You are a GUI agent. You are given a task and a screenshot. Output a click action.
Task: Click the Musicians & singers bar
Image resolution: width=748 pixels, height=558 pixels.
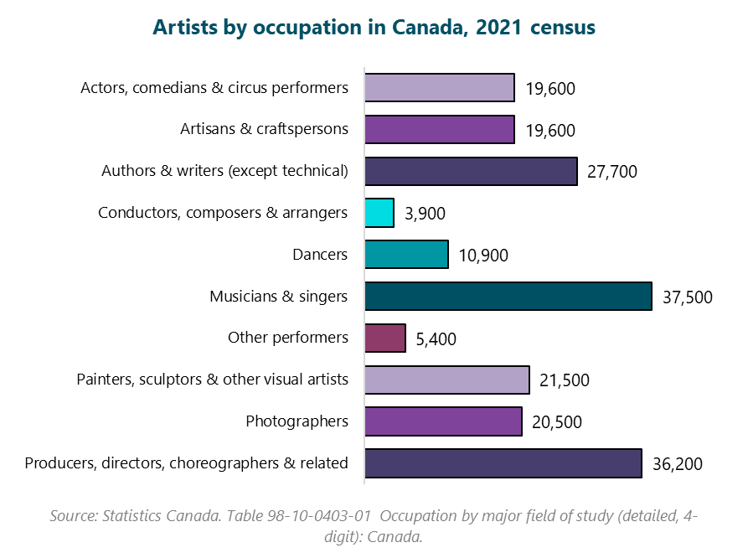pyautogui.click(x=508, y=297)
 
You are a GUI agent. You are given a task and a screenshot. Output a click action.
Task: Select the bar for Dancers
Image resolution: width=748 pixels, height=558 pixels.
pyautogui.click(x=406, y=255)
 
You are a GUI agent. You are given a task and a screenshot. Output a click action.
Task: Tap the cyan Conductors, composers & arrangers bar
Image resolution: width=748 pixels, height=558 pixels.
pyautogui.click(x=379, y=213)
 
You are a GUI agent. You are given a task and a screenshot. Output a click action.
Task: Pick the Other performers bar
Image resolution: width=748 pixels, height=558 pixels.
pyautogui.click(x=385, y=338)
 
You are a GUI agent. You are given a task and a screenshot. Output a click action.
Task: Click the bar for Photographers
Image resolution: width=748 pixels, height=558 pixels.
pyautogui.click(x=443, y=421)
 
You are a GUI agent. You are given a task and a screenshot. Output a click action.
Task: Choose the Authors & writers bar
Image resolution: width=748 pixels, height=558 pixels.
pyautogui.click(x=471, y=171)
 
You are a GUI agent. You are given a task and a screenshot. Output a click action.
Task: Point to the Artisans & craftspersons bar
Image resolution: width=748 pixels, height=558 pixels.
pyautogui.click(x=439, y=130)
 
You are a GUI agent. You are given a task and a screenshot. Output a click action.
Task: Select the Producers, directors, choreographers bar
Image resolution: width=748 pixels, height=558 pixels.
pyautogui.click(x=503, y=463)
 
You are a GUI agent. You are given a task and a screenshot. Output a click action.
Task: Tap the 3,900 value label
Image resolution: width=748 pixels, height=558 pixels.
pyautogui.click(x=425, y=214)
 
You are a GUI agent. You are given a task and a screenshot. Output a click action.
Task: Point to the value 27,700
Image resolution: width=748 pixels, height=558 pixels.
pyautogui.click(x=612, y=172)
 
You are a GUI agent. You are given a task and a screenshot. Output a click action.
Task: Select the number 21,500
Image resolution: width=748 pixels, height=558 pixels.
pyautogui.click(x=565, y=380)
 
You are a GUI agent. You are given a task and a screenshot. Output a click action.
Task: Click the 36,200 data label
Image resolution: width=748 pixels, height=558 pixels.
pyautogui.click(x=677, y=464)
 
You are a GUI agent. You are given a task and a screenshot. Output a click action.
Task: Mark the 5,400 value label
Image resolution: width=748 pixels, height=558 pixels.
pyautogui.click(x=436, y=338)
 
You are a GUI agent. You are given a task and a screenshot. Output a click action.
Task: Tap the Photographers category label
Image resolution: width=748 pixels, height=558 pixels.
pyautogui.click(x=297, y=421)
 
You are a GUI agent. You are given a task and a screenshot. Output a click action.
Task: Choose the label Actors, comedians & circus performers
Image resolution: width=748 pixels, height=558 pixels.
pyautogui.click(x=214, y=88)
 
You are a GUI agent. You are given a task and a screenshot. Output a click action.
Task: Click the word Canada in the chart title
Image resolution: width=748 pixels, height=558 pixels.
pyautogui.click(x=426, y=28)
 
